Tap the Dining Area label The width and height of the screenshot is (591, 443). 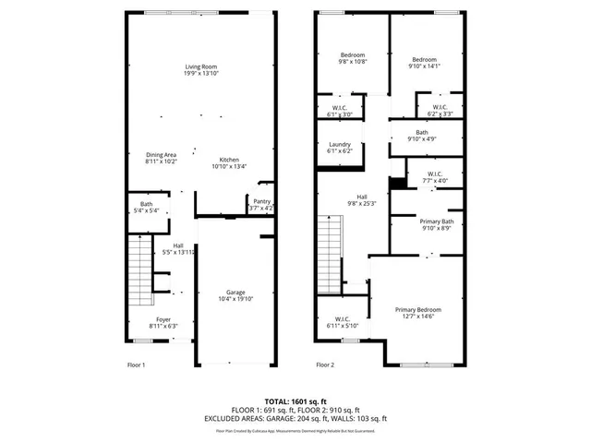(x=161, y=158)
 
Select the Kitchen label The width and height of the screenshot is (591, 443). (x=228, y=162)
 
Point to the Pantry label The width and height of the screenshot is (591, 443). (x=261, y=205)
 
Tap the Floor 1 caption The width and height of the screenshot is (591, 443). (x=137, y=365)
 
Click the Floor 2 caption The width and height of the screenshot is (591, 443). (x=325, y=365)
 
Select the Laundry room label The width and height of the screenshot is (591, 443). (x=339, y=148)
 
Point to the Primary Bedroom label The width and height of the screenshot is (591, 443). (x=417, y=313)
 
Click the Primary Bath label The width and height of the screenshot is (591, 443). (x=436, y=224)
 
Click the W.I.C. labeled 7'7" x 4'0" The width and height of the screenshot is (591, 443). (x=435, y=178)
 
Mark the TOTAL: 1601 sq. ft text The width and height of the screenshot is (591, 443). (x=295, y=400)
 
